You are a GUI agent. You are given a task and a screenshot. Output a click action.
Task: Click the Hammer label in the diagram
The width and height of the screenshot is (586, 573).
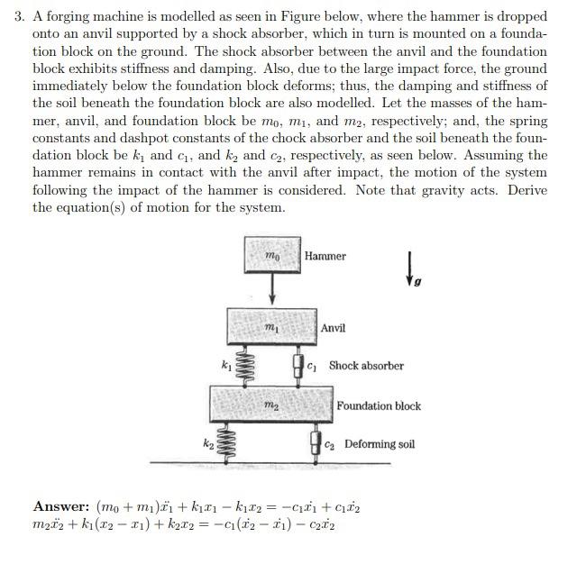tap(325, 257)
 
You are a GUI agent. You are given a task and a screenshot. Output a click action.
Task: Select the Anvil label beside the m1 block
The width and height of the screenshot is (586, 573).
tap(333, 328)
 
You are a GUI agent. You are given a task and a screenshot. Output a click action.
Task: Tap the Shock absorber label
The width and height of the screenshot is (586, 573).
tap(366, 366)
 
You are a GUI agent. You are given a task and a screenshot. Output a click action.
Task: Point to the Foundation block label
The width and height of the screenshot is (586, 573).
tap(379, 406)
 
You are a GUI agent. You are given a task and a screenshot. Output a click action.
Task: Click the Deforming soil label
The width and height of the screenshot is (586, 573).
tap(380, 444)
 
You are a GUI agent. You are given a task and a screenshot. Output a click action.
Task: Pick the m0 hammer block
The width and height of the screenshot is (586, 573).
tap(272, 255)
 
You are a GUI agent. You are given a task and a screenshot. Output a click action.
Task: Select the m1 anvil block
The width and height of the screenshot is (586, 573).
tap(270, 327)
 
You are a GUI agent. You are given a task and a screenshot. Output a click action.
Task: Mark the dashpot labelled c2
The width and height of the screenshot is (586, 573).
tap(316, 443)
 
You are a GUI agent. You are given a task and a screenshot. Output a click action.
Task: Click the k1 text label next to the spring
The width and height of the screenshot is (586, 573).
tap(225, 365)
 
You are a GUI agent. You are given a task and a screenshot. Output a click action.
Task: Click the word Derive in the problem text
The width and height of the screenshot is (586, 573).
tap(528, 190)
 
